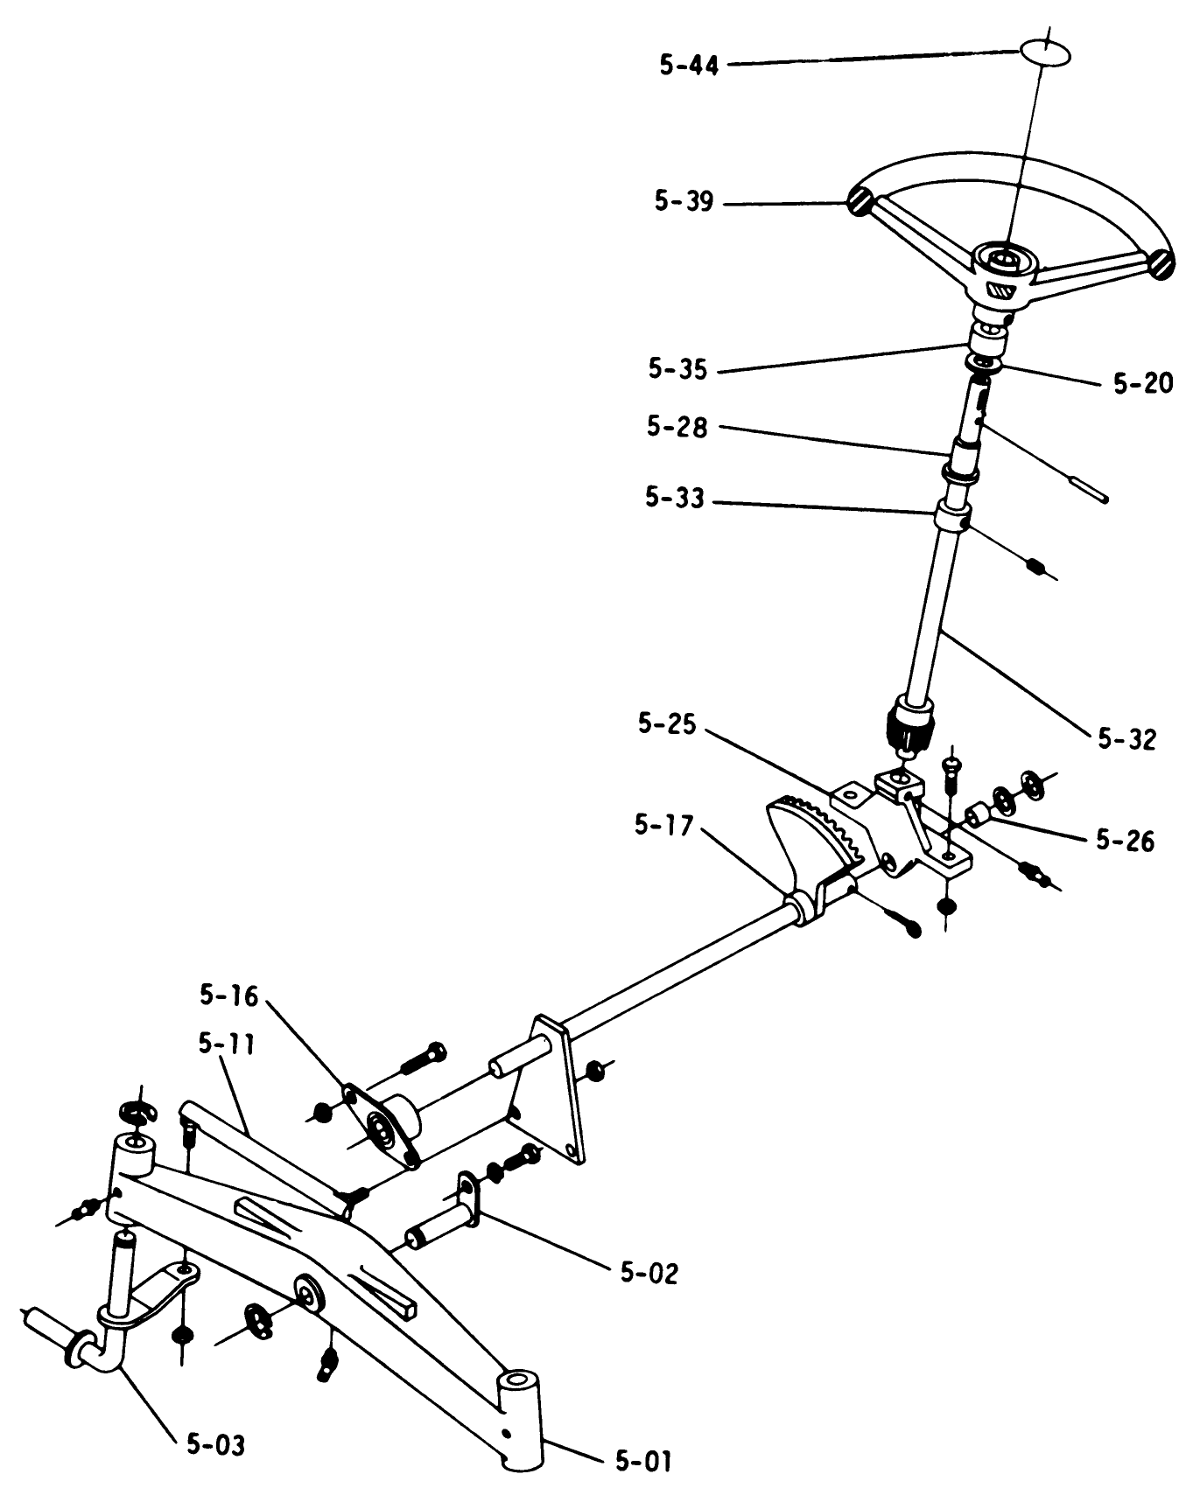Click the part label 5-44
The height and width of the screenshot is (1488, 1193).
click(689, 65)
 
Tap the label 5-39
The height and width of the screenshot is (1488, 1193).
click(684, 202)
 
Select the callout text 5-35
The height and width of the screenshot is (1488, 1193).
click(677, 369)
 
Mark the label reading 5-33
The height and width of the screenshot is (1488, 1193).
click(674, 499)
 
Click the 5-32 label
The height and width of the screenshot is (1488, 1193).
click(1127, 739)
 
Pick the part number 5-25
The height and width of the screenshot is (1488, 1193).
click(667, 724)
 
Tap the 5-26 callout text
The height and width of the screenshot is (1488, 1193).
click(1126, 841)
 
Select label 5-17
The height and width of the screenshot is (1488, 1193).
click(663, 825)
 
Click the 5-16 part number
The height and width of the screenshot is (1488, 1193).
click(228, 995)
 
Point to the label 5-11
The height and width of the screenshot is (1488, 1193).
click(226, 1044)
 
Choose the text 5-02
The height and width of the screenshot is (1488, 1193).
click(649, 1273)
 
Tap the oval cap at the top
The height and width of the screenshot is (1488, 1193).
click(1044, 51)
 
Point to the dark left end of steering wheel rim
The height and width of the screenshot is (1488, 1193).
click(858, 202)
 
